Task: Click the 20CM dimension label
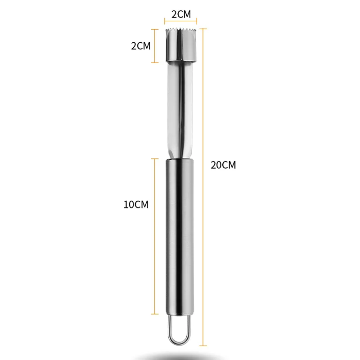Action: [x=223, y=165]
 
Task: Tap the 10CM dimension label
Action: [x=136, y=204]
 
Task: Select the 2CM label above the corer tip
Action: [x=181, y=14]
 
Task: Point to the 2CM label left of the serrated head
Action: [x=141, y=46]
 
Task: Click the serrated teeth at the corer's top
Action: [x=181, y=30]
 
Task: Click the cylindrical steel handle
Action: [x=180, y=237]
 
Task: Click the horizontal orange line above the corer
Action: [x=181, y=22]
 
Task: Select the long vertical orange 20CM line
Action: [x=203, y=187]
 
